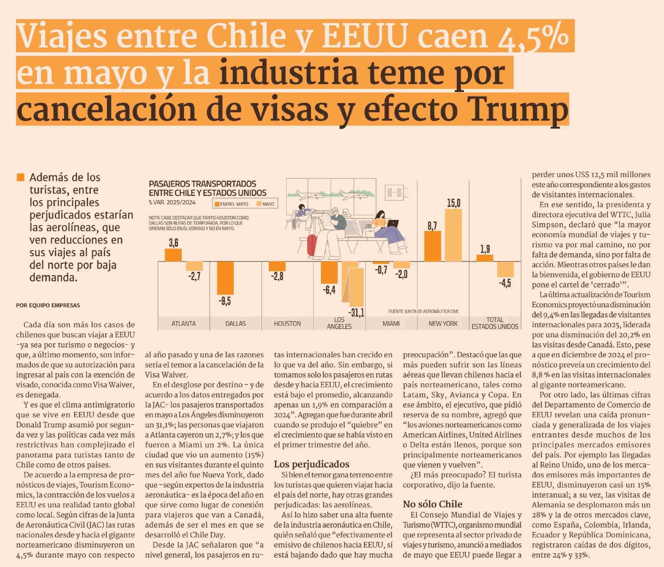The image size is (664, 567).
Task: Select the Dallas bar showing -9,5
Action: [225, 278]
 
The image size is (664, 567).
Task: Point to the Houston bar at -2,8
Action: [277, 266]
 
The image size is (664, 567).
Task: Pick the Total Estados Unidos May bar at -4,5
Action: [505, 269]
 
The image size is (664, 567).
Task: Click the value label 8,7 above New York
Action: [432, 226]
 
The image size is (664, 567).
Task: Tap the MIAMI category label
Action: [391, 323]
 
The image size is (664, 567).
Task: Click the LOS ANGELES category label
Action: [339, 323]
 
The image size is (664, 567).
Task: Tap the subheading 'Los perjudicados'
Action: [311, 464]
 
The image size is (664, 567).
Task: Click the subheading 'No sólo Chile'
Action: [432, 504]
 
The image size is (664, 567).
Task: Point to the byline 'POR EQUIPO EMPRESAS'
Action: [48, 305]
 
